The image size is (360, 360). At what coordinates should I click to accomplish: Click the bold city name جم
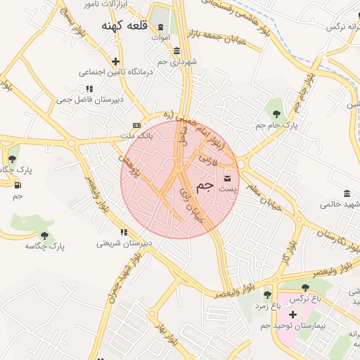point(205,186)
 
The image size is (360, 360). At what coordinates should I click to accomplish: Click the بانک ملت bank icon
point(136,125)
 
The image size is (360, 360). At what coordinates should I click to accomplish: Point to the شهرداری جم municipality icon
point(176,51)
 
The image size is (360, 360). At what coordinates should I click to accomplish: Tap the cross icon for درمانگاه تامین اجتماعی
point(116,61)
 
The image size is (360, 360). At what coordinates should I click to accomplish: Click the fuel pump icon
point(17,185)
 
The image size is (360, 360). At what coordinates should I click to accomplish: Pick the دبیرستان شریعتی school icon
point(124,232)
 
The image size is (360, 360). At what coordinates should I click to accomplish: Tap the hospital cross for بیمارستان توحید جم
point(292,314)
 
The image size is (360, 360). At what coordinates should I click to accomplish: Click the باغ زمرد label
point(267,307)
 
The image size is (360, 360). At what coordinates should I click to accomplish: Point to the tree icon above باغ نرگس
point(305,288)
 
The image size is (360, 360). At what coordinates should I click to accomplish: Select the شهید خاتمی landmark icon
point(347,193)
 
